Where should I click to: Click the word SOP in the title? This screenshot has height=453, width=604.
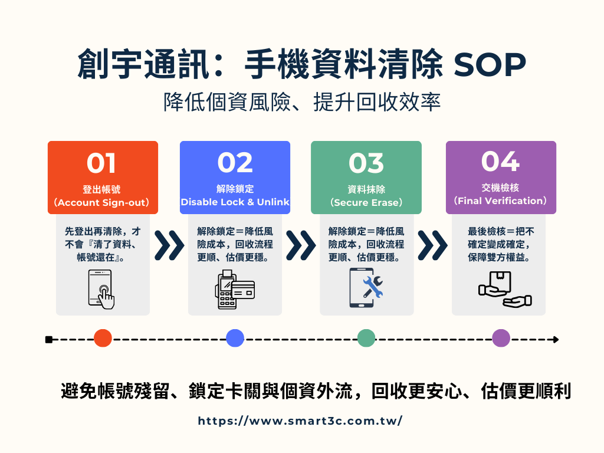click(x=490, y=64)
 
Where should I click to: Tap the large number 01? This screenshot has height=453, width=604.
click(x=101, y=163)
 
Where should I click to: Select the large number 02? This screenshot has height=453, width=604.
click(x=235, y=163)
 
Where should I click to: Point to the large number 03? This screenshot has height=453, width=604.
click(x=366, y=163)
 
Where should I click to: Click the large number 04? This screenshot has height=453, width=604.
click(x=500, y=161)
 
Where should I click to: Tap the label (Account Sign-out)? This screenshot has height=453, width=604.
click(x=101, y=203)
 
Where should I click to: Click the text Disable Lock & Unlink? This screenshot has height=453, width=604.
click(x=235, y=202)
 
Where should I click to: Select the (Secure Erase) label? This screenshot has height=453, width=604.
click(x=366, y=203)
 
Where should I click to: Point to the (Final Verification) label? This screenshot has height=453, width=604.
click(x=500, y=201)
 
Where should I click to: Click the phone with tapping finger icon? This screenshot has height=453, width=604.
click(x=101, y=289)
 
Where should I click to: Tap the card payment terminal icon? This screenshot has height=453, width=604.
click(x=235, y=289)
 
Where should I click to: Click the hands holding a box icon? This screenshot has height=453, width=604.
click(x=505, y=289)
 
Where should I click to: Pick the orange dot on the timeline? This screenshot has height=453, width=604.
click(x=103, y=338)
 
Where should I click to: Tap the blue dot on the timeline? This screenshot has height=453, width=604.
click(x=235, y=338)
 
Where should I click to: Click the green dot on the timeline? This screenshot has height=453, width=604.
click(x=366, y=338)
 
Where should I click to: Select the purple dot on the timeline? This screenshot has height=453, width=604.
click(x=501, y=338)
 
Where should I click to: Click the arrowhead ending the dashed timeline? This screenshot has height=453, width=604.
click(x=556, y=339)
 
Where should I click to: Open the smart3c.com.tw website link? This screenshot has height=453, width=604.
click(x=300, y=421)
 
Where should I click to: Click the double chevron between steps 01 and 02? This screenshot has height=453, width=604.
click(x=169, y=245)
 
